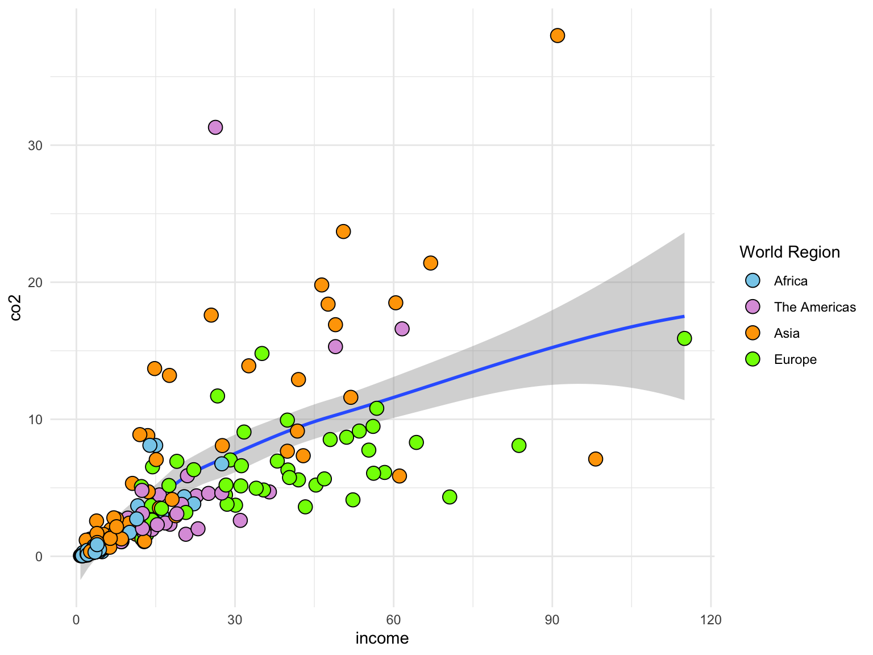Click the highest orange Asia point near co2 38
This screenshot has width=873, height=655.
[557, 35]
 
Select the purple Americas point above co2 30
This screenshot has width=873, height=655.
[215, 127]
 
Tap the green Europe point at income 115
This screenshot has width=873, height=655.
[684, 338]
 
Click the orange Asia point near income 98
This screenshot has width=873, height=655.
[595, 459]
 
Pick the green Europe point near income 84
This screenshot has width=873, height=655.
[518, 445]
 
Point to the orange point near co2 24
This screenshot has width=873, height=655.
[343, 231]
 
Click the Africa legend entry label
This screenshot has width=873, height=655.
[790, 281]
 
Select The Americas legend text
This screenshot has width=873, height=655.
[814, 307]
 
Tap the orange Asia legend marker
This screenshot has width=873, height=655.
[753, 333]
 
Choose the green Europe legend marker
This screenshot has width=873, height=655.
[753, 359]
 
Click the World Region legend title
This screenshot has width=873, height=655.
[789, 252]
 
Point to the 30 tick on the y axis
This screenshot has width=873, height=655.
[35, 146]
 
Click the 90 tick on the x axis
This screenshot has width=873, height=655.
[552, 620]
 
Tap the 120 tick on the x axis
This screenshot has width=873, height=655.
[710, 620]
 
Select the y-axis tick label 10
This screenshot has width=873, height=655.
[35, 420]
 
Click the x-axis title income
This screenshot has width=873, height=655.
[382, 639]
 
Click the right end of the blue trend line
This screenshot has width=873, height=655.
[683, 316]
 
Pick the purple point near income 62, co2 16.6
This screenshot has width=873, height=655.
[402, 329]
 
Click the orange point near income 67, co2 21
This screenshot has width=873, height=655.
[430, 263]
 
